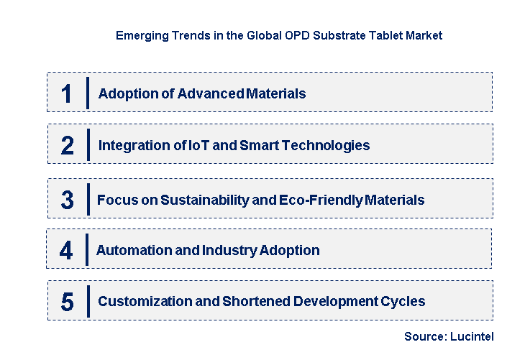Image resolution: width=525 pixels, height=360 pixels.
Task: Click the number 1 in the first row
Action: click(67, 94)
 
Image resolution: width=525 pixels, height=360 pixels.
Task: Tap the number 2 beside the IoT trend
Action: click(68, 146)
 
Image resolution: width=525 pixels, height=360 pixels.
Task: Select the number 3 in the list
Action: click(67, 200)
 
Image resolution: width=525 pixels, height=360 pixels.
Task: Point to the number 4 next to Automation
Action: click(66, 251)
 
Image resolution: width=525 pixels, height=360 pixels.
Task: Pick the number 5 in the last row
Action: click(67, 302)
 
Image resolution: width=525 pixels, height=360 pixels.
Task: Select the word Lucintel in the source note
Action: click(472, 336)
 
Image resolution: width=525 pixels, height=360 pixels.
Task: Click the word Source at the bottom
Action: click(424, 336)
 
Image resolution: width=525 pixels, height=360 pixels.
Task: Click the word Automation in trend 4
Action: click(132, 251)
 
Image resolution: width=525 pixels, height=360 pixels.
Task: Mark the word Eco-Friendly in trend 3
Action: click(325, 200)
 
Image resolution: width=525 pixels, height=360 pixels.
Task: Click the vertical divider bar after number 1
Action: click(87, 93)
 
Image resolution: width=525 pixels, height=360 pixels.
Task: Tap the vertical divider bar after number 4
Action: click(86, 249)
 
